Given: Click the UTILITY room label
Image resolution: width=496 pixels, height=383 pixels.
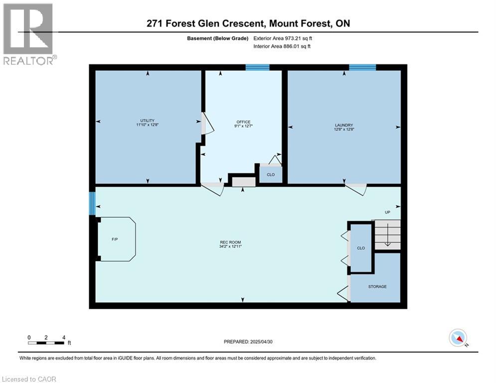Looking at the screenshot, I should pos(147,122).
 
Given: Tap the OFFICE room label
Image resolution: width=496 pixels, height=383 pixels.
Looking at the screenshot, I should pos(243,124).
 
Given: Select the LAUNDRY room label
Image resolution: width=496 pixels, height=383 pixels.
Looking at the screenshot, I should pos(344,127).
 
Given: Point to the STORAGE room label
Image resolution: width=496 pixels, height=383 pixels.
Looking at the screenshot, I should pos(377,286).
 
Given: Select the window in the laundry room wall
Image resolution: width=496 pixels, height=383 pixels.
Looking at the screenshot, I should pos(362,67).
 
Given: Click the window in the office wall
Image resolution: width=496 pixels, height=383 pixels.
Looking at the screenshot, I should pos(257,67).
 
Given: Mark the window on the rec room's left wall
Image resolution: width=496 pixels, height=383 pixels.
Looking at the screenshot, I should pos(92,204).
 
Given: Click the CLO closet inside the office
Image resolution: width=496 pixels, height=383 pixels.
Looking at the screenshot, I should pos(271,175).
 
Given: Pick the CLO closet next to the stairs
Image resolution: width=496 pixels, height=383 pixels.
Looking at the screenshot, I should pos(361,248).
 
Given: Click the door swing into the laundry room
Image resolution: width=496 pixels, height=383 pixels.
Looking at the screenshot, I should pos(356,189).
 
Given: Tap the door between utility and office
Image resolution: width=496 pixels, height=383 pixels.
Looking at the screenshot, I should pos(206,124).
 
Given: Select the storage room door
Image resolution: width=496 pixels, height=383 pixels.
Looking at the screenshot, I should pos(344,293).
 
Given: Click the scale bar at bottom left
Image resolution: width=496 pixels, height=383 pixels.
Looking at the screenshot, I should pos(46,342).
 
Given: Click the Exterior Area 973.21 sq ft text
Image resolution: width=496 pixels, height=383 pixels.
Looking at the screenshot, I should pos(283,38).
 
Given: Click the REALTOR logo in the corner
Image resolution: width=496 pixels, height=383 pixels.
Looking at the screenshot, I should pos(29,33).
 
